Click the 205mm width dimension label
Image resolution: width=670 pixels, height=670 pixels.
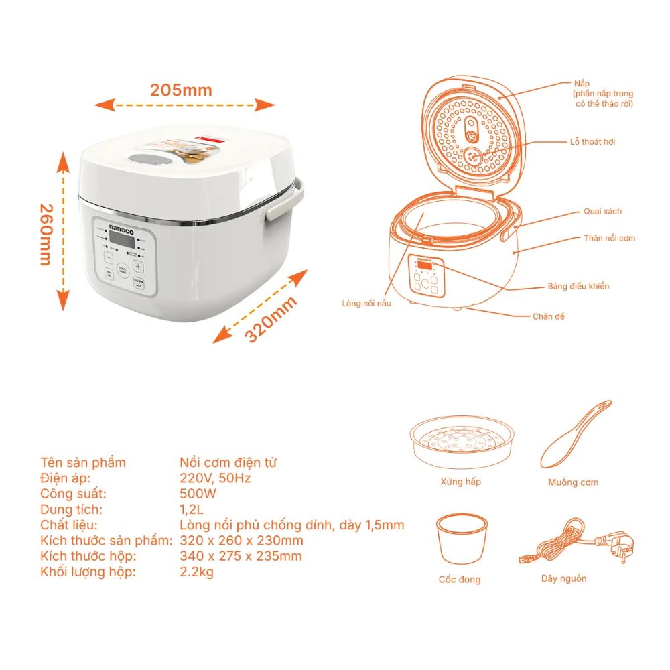pyautogui.click(x=181, y=90)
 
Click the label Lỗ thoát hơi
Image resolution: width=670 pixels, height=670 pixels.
pyautogui.click(x=592, y=142)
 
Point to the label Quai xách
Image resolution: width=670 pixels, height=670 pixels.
pyautogui.click(x=602, y=211)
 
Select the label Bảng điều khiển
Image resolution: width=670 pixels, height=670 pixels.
pyautogui.click(x=578, y=286)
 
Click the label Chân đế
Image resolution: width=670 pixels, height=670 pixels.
pyautogui.click(x=548, y=316)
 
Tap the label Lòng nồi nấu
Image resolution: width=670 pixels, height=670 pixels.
pyautogui.click(x=366, y=303)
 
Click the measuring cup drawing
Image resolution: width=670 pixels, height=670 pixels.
pyautogui.click(x=461, y=539)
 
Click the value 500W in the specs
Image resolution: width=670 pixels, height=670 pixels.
pyautogui.click(x=198, y=494)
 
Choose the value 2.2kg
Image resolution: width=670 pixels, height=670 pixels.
pyautogui.click(x=197, y=572)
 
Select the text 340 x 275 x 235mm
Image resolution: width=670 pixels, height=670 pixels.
pyautogui.click(x=241, y=556)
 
